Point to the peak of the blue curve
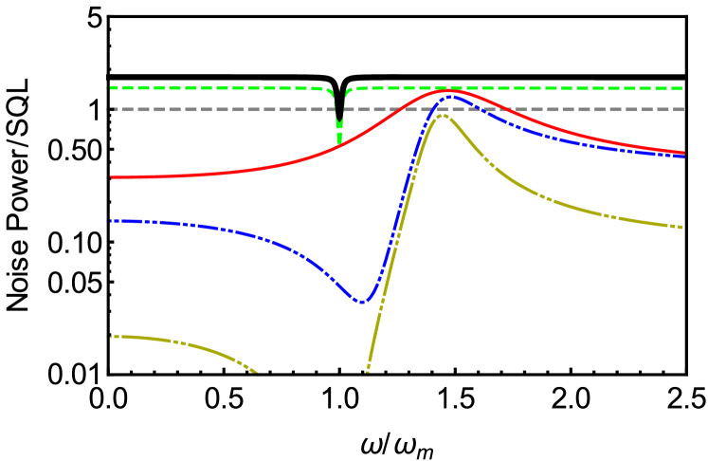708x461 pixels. point(452,96)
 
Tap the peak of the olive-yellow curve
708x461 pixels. point(443,116)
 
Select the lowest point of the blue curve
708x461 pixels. point(361,302)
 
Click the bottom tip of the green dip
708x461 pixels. point(339,143)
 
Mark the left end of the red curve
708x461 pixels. point(111,177)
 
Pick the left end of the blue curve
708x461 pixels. point(111,221)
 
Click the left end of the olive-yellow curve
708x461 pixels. point(111,336)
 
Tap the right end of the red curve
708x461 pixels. point(683,152)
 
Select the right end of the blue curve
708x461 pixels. point(683,157)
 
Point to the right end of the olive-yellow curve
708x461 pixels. point(682,227)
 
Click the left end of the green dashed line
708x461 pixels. point(110,88)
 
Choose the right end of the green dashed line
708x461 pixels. point(682,88)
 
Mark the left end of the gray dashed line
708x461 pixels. point(110,109)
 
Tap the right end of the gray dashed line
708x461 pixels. point(682,109)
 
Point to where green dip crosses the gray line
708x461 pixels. point(338,109)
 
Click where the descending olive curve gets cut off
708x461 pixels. point(257,373)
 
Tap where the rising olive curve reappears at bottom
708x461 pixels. point(367,372)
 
